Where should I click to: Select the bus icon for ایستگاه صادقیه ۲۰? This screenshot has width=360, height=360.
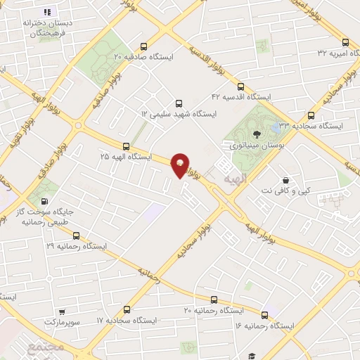point(144,44)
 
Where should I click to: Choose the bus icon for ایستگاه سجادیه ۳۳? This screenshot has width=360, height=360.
point(311,115)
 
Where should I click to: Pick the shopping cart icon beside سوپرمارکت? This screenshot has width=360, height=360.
point(63,309)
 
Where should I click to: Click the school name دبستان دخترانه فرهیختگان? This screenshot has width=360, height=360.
point(39,27)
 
